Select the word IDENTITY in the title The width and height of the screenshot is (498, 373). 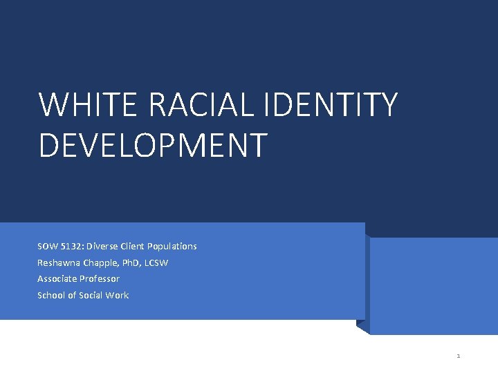[333, 105]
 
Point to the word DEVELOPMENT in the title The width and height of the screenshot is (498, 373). [153, 145]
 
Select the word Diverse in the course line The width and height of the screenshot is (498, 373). [101, 247]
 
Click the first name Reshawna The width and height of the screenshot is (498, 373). [59, 263]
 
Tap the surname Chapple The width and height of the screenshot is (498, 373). [101, 263]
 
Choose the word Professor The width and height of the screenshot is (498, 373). [101, 279]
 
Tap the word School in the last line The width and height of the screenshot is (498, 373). [50, 296]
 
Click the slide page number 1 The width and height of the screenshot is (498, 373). [459, 356]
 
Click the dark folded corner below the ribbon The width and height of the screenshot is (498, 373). [362, 326]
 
